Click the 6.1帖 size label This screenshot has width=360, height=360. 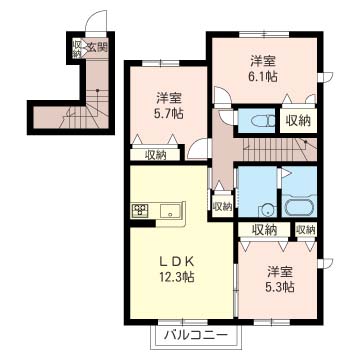(x=265, y=74)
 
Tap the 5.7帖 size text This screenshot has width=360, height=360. (x=168, y=114)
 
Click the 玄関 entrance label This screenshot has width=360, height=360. (x=97, y=46)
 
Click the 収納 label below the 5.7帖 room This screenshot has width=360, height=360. (x=155, y=154)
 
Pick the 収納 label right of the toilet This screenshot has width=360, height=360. (x=297, y=121)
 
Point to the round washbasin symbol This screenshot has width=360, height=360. (x=266, y=210)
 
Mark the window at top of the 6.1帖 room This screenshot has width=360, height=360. (x=265, y=32)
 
